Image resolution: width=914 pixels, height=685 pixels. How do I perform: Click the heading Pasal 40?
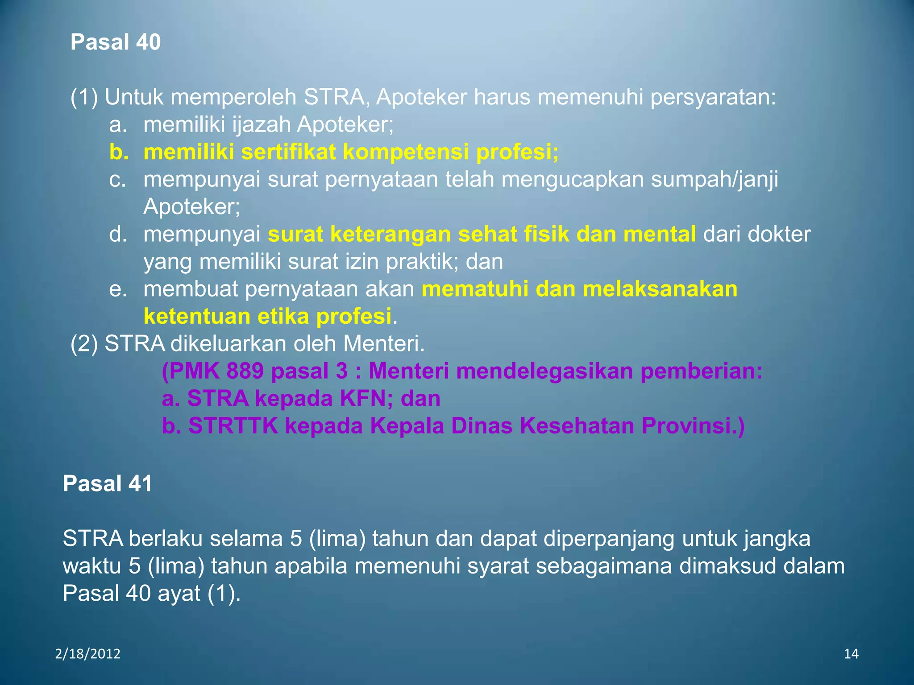[x=115, y=42]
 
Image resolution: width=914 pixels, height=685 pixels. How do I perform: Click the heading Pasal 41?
[x=108, y=483]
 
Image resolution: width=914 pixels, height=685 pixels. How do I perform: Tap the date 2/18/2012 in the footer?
[x=88, y=654]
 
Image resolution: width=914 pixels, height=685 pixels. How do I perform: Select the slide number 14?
[x=851, y=654]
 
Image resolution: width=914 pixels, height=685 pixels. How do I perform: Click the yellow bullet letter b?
[x=119, y=152]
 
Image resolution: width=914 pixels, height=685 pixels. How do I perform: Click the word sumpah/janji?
[x=714, y=180]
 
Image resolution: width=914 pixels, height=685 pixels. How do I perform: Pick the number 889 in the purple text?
[x=245, y=371]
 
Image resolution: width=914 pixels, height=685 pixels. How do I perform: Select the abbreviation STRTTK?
[x=233, y=426]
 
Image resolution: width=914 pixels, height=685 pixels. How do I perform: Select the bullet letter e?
[x=117, y=289]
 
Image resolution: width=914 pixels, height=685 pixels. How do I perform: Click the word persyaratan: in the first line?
[x=713, y=97]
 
